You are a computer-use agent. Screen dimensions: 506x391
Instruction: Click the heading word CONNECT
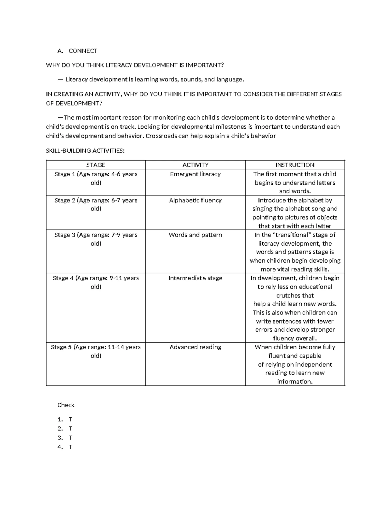(83, 51)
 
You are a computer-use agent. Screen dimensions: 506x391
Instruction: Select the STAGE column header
(95, 165)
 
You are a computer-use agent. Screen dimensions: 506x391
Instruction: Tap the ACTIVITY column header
(195, 165)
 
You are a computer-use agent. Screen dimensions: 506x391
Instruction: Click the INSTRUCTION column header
(295, 165)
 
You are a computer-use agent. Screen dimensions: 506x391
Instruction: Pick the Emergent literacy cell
(195, 174)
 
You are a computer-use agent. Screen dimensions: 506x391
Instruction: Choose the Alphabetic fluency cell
(195, 200)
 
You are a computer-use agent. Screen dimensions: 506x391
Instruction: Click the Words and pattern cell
(195, 235)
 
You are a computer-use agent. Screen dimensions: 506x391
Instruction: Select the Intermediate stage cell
(195, 278)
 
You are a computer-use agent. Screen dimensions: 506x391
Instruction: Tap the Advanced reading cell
(195, 347)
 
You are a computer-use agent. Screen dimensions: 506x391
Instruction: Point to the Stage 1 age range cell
(96, 178)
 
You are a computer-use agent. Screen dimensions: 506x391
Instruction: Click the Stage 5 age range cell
(96, 351)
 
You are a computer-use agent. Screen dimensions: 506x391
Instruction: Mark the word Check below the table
(66, 405)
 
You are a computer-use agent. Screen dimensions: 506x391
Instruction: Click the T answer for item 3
(70, 438)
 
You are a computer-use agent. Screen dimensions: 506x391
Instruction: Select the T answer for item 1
(70, 419)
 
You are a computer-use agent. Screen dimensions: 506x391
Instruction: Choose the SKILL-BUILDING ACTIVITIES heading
(85, 151)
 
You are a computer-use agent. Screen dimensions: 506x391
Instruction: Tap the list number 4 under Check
(60, 447)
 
